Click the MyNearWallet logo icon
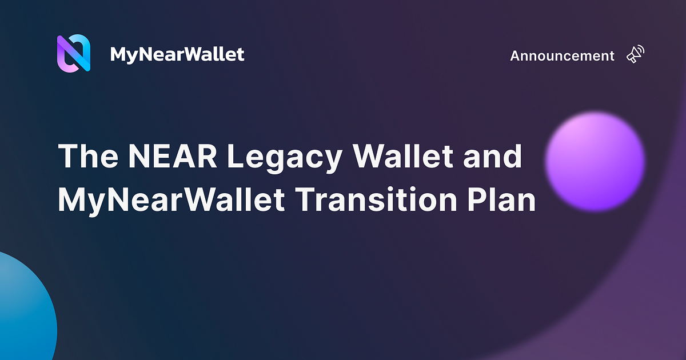pyautogui.click(x=74, y=53)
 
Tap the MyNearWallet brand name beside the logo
pyautogui.click(x=177, y=55)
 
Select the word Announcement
pyautogui.click(x=562, y=56)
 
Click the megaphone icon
pyautogui.click(x=635, y=54)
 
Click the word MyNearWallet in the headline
pyautogui.click(x=171, y=201)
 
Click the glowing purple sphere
pyautogui.click(x=595, y=161)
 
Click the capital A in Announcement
pyautogui.click(x=515, y=56)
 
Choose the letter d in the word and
pyautogui.click(x=513, y=155)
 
